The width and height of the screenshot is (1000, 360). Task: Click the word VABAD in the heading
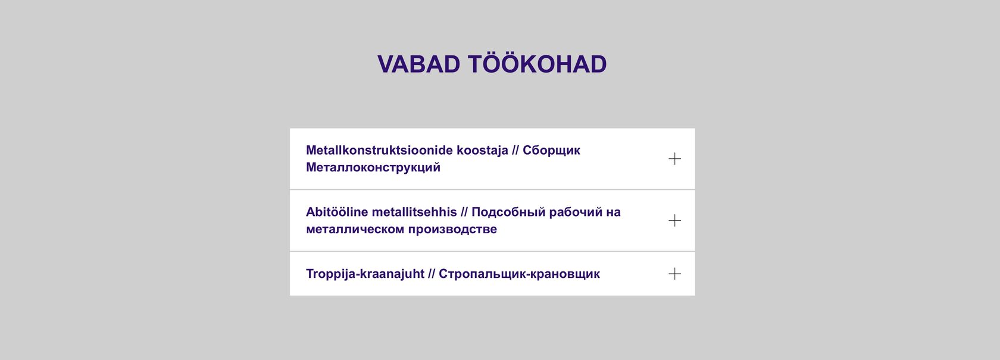tap(419, 64)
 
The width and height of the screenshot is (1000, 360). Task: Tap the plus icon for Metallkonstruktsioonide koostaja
tap(674, 159)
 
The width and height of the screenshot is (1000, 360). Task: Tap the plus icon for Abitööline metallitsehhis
tap(674, 220)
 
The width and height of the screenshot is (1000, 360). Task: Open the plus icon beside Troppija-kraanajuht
tap(674, 274)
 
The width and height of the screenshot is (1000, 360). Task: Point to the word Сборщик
tap(551, 151)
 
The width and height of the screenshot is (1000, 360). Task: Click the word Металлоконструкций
tap(373, 168)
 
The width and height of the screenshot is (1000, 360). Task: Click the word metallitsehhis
tap(414, 212)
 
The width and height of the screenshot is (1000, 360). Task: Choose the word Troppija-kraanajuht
tap(365, 274)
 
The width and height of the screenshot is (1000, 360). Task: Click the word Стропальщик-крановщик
tap(519, 274)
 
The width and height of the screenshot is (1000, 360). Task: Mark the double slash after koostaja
tap(515, 151)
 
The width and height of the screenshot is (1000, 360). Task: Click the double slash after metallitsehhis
tap(464, 212)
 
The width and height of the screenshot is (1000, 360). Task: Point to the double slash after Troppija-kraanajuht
tap(432, 274)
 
